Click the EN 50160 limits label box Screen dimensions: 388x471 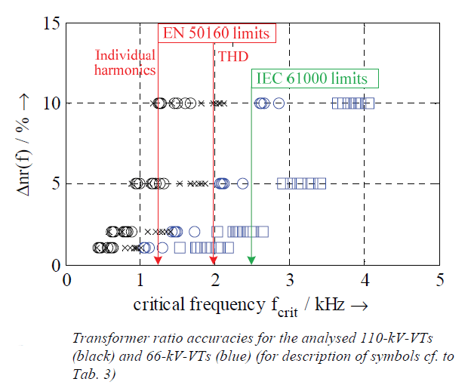[x=216, y=33]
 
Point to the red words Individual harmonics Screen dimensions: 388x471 [x=125, y=62]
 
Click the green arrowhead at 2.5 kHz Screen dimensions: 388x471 [x=251, y=260]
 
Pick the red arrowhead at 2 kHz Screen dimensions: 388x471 [x=214, y=260]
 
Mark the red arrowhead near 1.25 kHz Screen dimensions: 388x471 [x=159, y=260]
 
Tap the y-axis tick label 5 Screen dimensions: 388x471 [x=56, y=183]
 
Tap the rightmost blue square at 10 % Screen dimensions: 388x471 [x=368, y=103]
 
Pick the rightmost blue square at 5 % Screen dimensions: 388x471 [x=320, y=183]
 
